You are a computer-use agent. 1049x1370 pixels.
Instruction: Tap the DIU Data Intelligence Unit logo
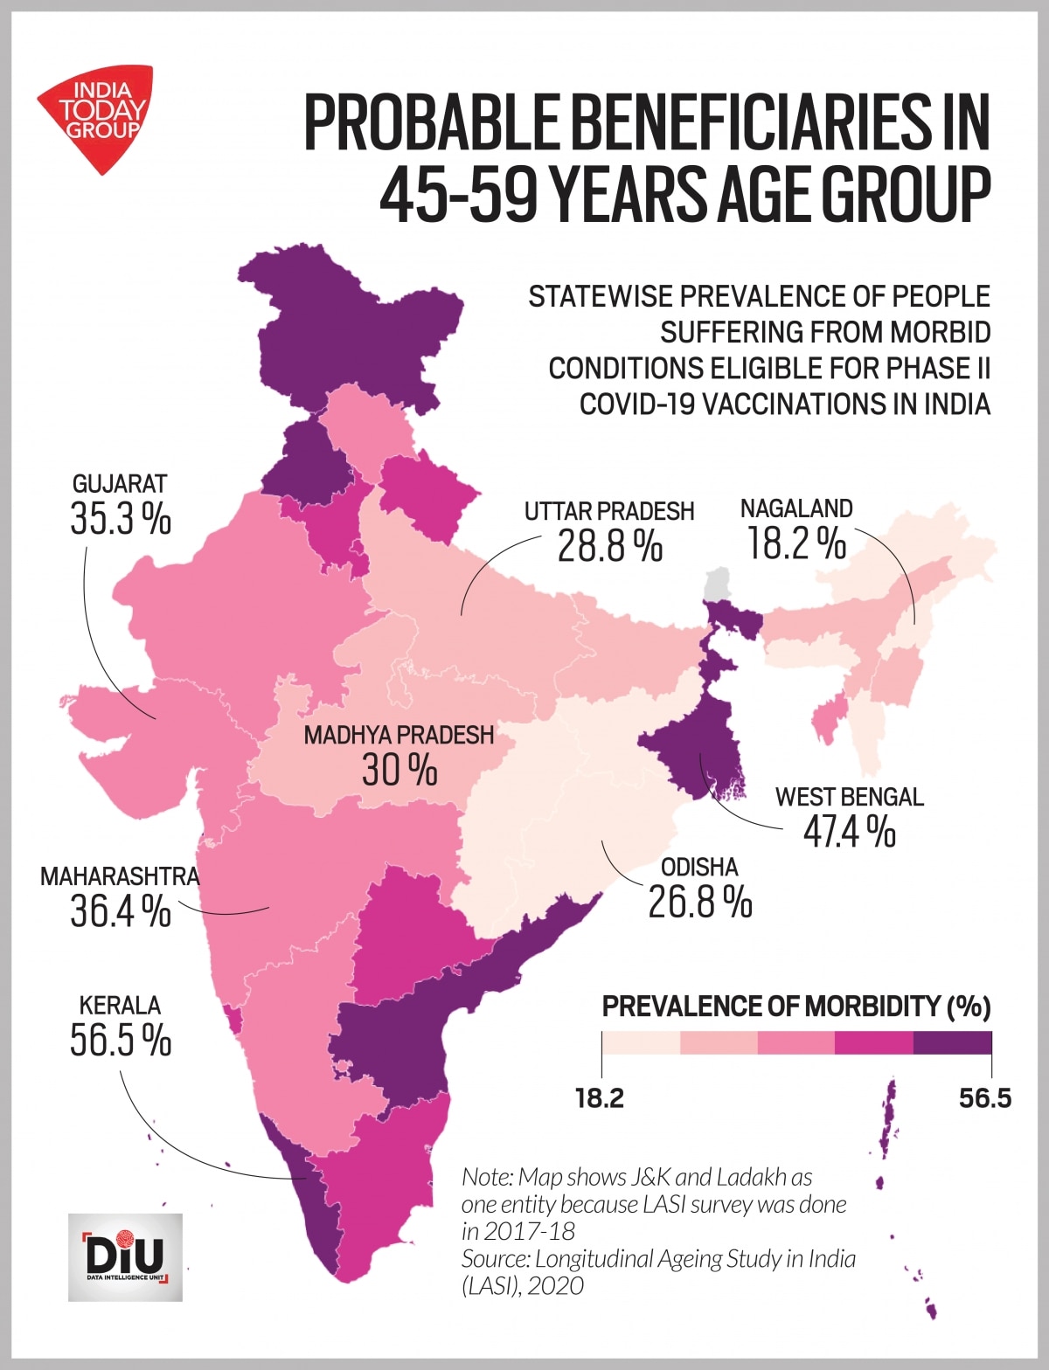(x=125, y=1256)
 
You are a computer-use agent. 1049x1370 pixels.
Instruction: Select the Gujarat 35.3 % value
(x=120, y=521)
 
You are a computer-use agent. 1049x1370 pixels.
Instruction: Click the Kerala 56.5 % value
(x=120, y=1040)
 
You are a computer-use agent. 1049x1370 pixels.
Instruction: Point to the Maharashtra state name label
(x=120, y=876)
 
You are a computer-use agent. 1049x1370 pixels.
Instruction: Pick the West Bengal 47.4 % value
(x=849, y=831)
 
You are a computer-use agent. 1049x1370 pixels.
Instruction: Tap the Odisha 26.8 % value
(x=699, y=901)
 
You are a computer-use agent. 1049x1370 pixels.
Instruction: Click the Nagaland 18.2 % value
(x=795, y=543)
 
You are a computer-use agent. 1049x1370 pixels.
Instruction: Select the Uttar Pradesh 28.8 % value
(x=609, y=546)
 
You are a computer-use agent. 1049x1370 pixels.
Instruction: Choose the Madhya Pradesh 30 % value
(x=399, y=770)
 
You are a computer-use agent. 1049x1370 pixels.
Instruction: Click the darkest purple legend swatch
(x=953, y=1043)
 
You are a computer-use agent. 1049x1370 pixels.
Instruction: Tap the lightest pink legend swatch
(x=641, y=1043)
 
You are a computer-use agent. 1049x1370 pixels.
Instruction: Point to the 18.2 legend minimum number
(x=600, y=1098)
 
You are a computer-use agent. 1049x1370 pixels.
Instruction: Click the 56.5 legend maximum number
(x=984, y=1098)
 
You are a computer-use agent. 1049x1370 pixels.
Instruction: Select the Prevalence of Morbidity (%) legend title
(x=795, y=1007)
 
